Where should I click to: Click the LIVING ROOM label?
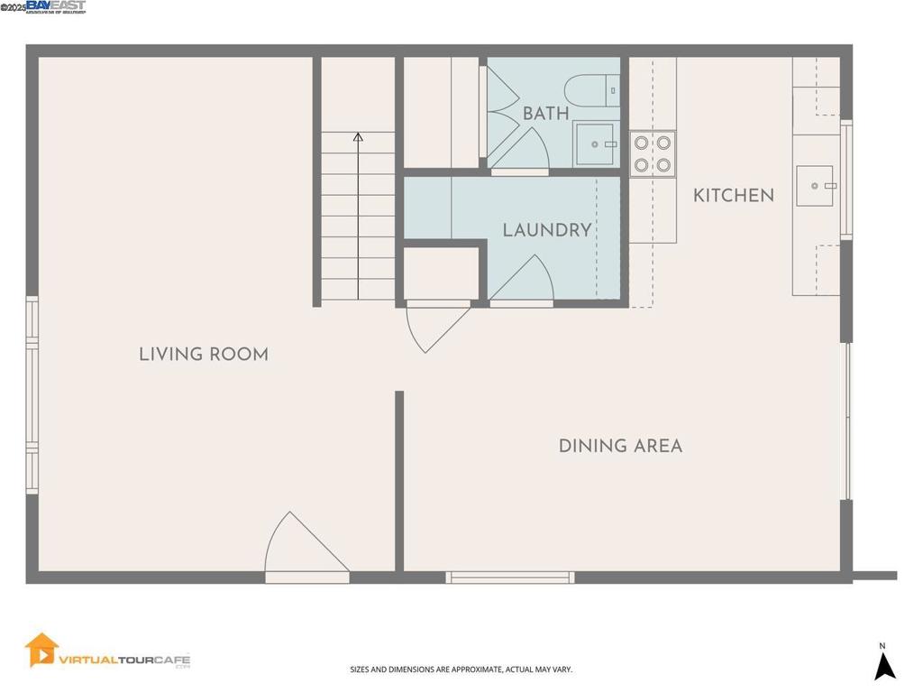(204, 355)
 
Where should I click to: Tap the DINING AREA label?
(620, 446)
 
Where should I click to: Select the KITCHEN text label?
(733, 196)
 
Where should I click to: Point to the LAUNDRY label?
(547, 230)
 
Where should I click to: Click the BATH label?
(546, 114)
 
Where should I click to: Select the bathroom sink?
(595, 144)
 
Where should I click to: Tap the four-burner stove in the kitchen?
(652, 153)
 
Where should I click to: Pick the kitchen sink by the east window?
(816, 186)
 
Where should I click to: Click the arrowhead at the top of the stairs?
(358, 137)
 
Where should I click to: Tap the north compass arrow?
(885, 666)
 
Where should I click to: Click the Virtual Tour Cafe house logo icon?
(41, 650)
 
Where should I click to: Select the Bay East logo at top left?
(56, 7)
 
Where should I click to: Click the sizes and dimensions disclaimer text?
(461, 670)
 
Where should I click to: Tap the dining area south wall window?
(510, 577)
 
